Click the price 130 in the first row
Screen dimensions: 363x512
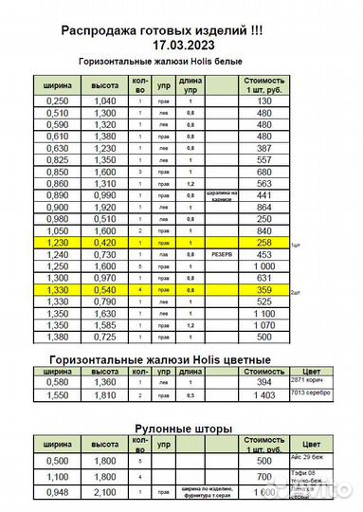click(264, 101)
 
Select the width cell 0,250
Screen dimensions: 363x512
click(59, 101)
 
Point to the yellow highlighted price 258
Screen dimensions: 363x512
click(264, 243)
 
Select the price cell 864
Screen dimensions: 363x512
click(264, 207)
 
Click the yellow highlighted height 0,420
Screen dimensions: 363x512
click(104, 243)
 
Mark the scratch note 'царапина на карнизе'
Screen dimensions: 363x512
click(220, 195)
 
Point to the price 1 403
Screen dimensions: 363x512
click(264, 393)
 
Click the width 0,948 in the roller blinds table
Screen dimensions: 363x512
click(59, 492)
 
